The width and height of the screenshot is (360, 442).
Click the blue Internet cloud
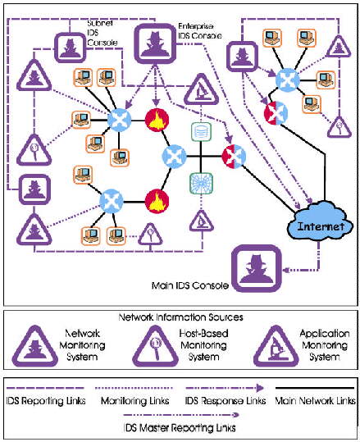coord(321,223)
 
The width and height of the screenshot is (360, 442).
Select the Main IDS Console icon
coord(256,268)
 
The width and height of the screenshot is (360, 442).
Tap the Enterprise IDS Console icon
coord(155,43)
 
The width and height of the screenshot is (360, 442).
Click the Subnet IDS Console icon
coord(70,47)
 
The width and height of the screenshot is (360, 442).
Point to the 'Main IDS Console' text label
coord(190,286)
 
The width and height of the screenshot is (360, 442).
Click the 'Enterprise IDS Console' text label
coord(199,31)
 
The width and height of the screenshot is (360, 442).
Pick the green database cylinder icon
coord(201,132)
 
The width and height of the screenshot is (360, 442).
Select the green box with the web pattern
coord(201,183)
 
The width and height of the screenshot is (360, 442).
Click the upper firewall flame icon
coord(157,120)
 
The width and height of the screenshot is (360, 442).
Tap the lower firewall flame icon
coord(157,201)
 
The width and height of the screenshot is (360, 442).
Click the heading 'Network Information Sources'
coord(180,317)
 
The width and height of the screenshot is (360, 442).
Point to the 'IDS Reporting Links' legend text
coord(46,400)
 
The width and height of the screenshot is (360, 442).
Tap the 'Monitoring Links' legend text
coord(135,400)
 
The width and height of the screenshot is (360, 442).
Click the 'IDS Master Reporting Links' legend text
coord(180,428)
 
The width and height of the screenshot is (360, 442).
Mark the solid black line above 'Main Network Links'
coord(315,388)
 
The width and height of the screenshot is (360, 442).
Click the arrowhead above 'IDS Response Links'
coord(260,389)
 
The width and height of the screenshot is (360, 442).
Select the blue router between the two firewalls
coord(175,157)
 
